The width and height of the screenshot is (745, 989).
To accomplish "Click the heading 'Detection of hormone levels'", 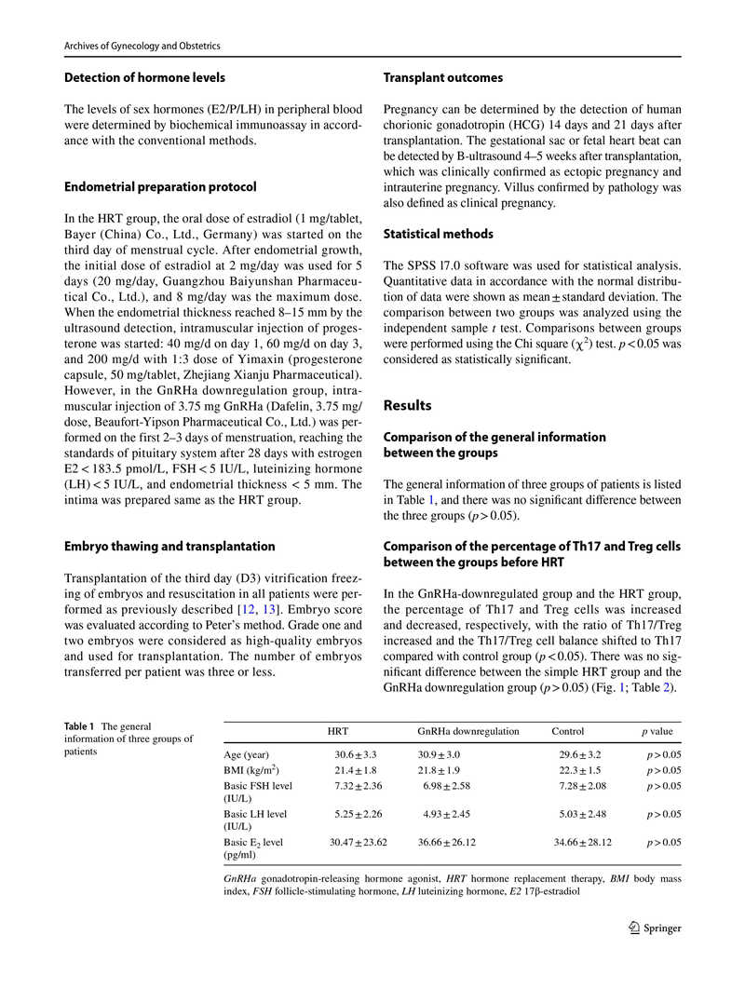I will point(144,77).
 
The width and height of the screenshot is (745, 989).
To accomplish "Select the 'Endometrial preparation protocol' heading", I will point(160,187).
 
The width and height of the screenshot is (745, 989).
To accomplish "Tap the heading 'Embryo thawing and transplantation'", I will point(169,546).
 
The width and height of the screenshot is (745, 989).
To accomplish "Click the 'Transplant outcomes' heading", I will point(443,77).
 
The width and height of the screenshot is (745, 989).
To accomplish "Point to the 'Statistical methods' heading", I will point(439,234).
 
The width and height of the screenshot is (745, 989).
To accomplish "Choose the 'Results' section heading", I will point(408,405).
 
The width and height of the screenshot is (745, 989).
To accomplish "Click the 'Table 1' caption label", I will point(81,726).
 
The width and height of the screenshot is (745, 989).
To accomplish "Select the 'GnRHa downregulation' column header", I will point(468,731).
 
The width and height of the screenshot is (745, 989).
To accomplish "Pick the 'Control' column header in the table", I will point(568,731).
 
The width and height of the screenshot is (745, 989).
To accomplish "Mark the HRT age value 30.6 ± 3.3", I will point(356,754).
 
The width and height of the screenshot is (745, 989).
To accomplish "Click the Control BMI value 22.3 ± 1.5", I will point(580,770).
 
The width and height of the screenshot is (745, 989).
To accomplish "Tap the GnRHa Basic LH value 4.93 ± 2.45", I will point(447,814).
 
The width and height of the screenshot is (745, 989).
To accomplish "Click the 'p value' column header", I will point(657,731).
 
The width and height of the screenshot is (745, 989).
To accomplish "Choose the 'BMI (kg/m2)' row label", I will point(252,770).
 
